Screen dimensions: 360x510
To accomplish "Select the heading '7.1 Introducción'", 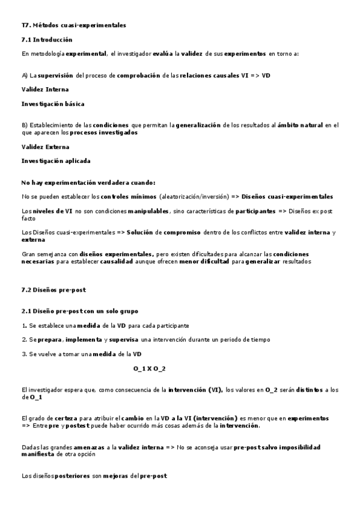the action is click(x=46, y=40).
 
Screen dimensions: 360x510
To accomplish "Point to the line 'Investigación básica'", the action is click(x=53, y=103).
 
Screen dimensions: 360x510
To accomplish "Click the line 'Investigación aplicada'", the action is click(x=56, y=161).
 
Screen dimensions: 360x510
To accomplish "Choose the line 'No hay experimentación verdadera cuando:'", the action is click(x=88, y=183).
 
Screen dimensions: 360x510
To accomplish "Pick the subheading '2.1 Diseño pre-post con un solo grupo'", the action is click(x=79, y=311).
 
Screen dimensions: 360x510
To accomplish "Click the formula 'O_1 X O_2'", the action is click(x=150, y=368).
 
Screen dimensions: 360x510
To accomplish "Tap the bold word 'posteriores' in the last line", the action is click(x=57, y=476).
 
